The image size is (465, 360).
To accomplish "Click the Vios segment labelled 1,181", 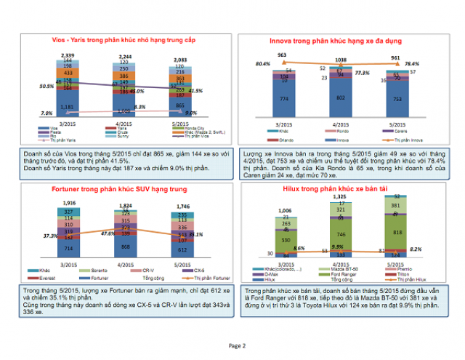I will [x=67, y=107].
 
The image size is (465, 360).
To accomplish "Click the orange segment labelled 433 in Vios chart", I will [x=67, y=73].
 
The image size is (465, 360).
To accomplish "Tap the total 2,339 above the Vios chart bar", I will [x=67, y=55].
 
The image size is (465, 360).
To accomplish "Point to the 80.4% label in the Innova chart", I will [x=264, y=64].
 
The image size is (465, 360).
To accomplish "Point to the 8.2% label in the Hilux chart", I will [x=436, y=249].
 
